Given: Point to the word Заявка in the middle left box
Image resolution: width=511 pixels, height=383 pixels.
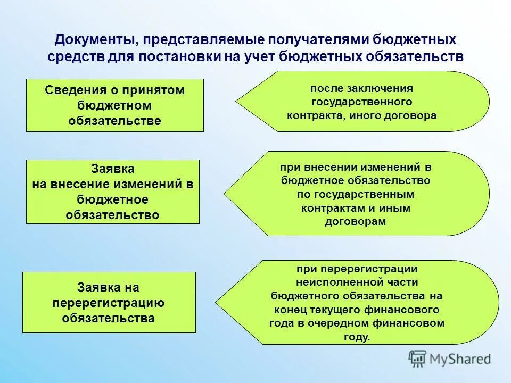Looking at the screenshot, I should pyautogui.click(x=113, y=169).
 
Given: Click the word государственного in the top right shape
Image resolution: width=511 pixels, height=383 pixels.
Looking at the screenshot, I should pyautogui.click(x=361, y=101).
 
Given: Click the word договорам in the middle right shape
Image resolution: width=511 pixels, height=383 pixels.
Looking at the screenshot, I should pyautogui.click(x=355, y=222).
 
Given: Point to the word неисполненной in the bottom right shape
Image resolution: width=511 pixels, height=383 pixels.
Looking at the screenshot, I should pyautogui.click(x=331, y=282).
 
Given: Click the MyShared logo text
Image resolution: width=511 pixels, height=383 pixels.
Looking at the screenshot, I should pyautogui.click(x=460, y=359).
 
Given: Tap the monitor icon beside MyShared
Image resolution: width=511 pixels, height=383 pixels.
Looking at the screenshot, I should pyautogui.click(x=418, y=359).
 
